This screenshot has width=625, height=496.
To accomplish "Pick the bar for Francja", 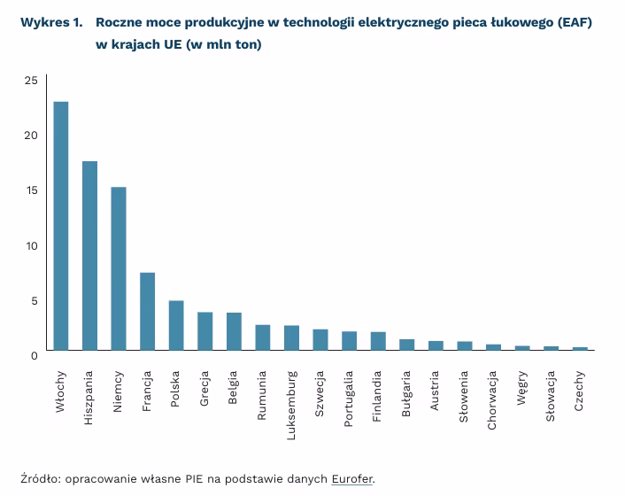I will pyautogui.click(x=148, y=311).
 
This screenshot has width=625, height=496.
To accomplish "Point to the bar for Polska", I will pyautogui.click(x=176, y=325).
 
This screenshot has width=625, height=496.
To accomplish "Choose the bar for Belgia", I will pyautogui.click(x=234, y=331).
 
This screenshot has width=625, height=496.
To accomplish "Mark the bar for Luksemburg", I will pyautogui.click(x=291, y=337).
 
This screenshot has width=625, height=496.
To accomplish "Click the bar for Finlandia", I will pyautogui.click(x=378, y=341).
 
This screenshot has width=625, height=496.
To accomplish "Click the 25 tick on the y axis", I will pyautogui.click(x=31, y=81).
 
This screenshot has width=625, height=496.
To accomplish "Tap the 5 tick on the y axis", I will pyautogui.click(x=34, y=301).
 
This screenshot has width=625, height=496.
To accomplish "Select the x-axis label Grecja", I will pyautogui.click(x=205, y=389).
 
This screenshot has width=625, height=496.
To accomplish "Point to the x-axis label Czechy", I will pyautogui.click(x=580, y=391).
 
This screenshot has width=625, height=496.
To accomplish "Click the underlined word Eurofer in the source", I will pyautogui.click(x=352, y=479).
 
